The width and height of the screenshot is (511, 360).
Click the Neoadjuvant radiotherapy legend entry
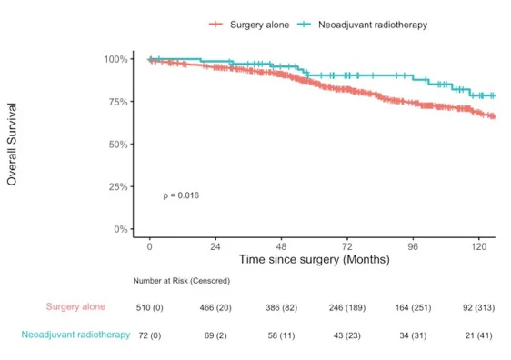point(361,24)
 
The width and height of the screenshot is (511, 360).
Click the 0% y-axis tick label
point(120,229)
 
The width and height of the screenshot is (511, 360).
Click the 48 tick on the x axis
point(282,246)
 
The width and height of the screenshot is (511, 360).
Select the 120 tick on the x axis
point(479,246)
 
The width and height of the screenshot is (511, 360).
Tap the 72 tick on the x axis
point(347,246)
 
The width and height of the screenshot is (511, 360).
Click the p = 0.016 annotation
point(181,195)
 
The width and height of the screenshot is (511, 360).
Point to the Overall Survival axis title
point(13,144)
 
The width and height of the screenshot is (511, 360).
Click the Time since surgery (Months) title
point(314,259)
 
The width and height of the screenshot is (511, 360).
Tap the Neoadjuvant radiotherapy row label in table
point(75,335)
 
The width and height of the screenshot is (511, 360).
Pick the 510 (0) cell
point(150,307)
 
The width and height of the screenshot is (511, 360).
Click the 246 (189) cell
point(347,307)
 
